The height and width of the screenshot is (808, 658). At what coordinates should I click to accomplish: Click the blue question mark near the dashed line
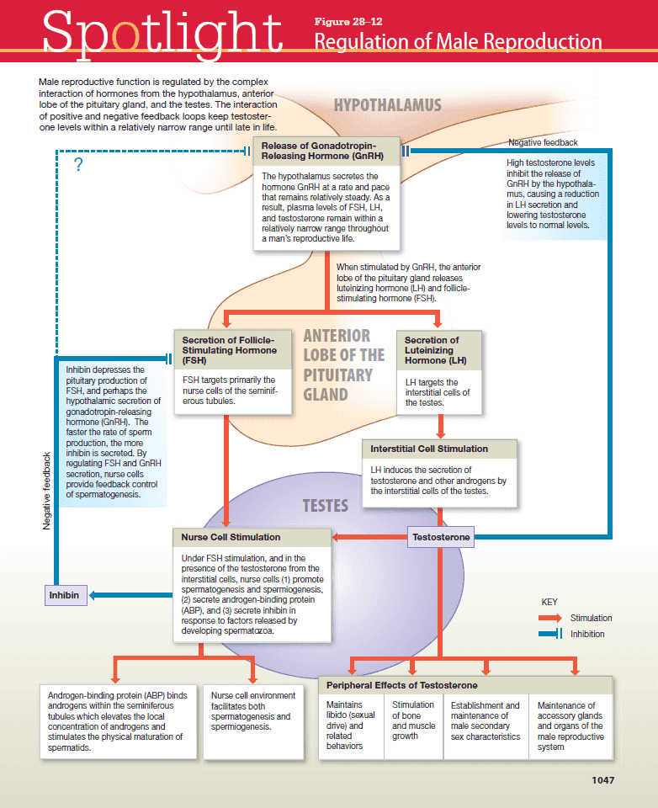coord(78,165)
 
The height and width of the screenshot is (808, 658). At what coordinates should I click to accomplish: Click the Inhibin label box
coord(64,595)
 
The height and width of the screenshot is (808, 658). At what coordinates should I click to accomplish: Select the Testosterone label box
coord(441,537)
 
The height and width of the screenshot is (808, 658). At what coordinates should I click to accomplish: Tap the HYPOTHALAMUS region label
coord(387,105)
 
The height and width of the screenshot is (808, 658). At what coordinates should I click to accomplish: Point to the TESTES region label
coord(326,505)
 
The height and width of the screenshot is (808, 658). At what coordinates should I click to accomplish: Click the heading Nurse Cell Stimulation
coord(231,536)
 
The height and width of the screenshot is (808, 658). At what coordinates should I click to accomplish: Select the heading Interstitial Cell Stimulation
coord(429,449)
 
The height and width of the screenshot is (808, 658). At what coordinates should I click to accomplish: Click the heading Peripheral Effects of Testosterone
coord(402,685)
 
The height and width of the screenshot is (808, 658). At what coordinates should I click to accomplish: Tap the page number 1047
coord(603,779)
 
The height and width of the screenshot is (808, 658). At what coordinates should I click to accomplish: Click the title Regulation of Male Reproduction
coord(459,42)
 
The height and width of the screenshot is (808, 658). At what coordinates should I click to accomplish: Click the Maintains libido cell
coord(351,725)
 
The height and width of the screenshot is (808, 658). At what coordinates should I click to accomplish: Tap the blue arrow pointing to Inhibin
coord(105,595)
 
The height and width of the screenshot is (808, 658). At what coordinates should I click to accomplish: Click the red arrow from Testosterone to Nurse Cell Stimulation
coord(370,537)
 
